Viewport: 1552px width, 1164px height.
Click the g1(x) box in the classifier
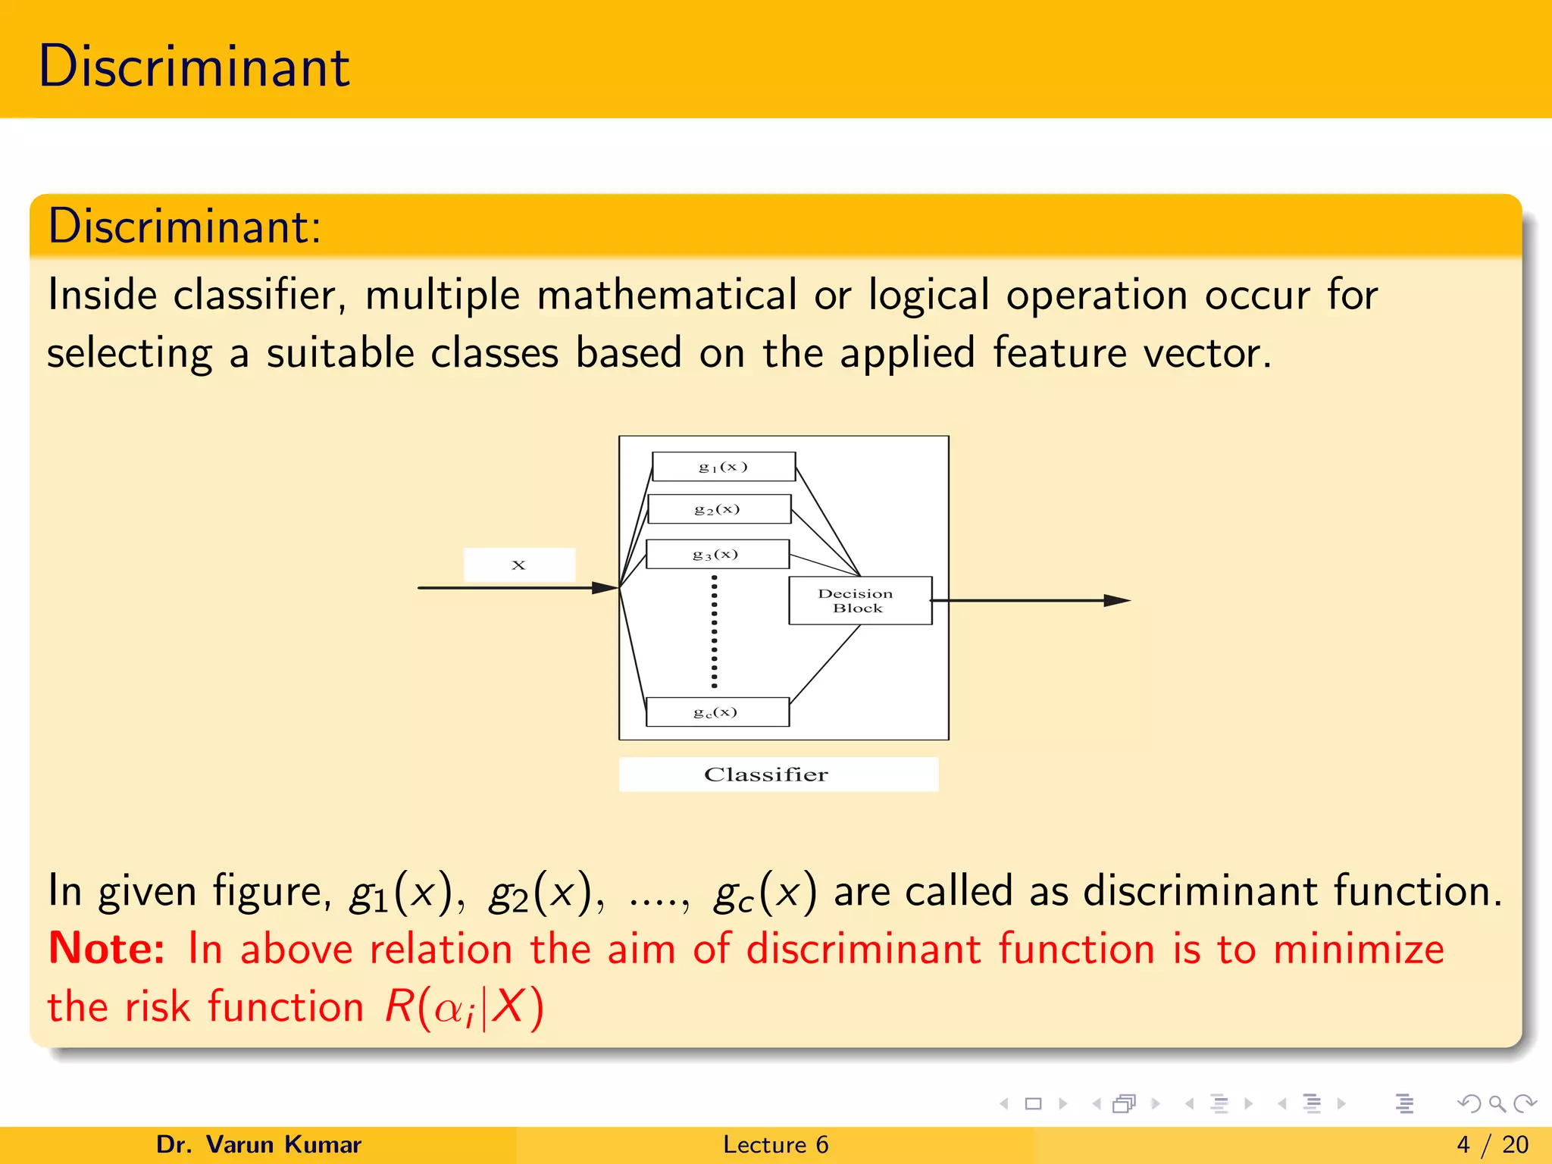[723, 467]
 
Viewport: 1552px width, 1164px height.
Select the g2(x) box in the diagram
[718, 509]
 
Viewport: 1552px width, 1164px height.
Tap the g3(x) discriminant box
[716, 554]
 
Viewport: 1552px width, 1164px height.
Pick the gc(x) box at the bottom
[716, 712]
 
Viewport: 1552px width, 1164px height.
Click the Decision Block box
[859, 601]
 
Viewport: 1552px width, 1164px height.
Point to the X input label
[519, 565]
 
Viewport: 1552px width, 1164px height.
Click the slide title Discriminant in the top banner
[194, 67]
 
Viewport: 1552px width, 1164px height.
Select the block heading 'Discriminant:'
[184, 227]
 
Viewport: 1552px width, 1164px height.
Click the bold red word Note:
[106, 949]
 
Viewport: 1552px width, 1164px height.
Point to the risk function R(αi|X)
[464, 1008]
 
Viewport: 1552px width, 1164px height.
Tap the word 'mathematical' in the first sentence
[667, 295]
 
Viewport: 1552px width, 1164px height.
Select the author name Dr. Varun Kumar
[258, 1144]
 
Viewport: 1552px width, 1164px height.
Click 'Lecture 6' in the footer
[775, 1144]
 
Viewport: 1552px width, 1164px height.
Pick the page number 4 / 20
[1492, 1144]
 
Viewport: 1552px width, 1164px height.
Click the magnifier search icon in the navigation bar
[1497, 1103]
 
